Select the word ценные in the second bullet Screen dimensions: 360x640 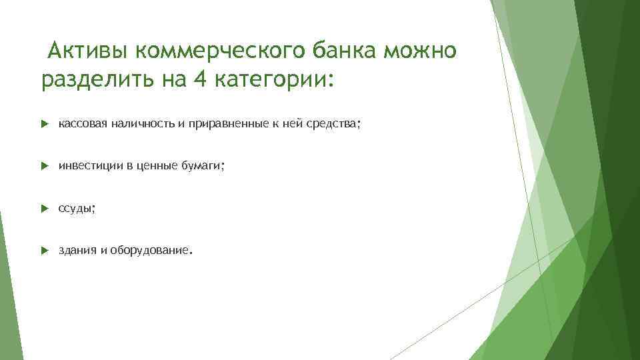pyautogui.click(x=156, y=166)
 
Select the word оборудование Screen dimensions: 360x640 pyautogui.click(x=149, y=251)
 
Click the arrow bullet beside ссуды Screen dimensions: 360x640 pyautogui.click(x=44, y=209)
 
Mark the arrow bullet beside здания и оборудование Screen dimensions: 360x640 pyautogui.click(x=44, y=251)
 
